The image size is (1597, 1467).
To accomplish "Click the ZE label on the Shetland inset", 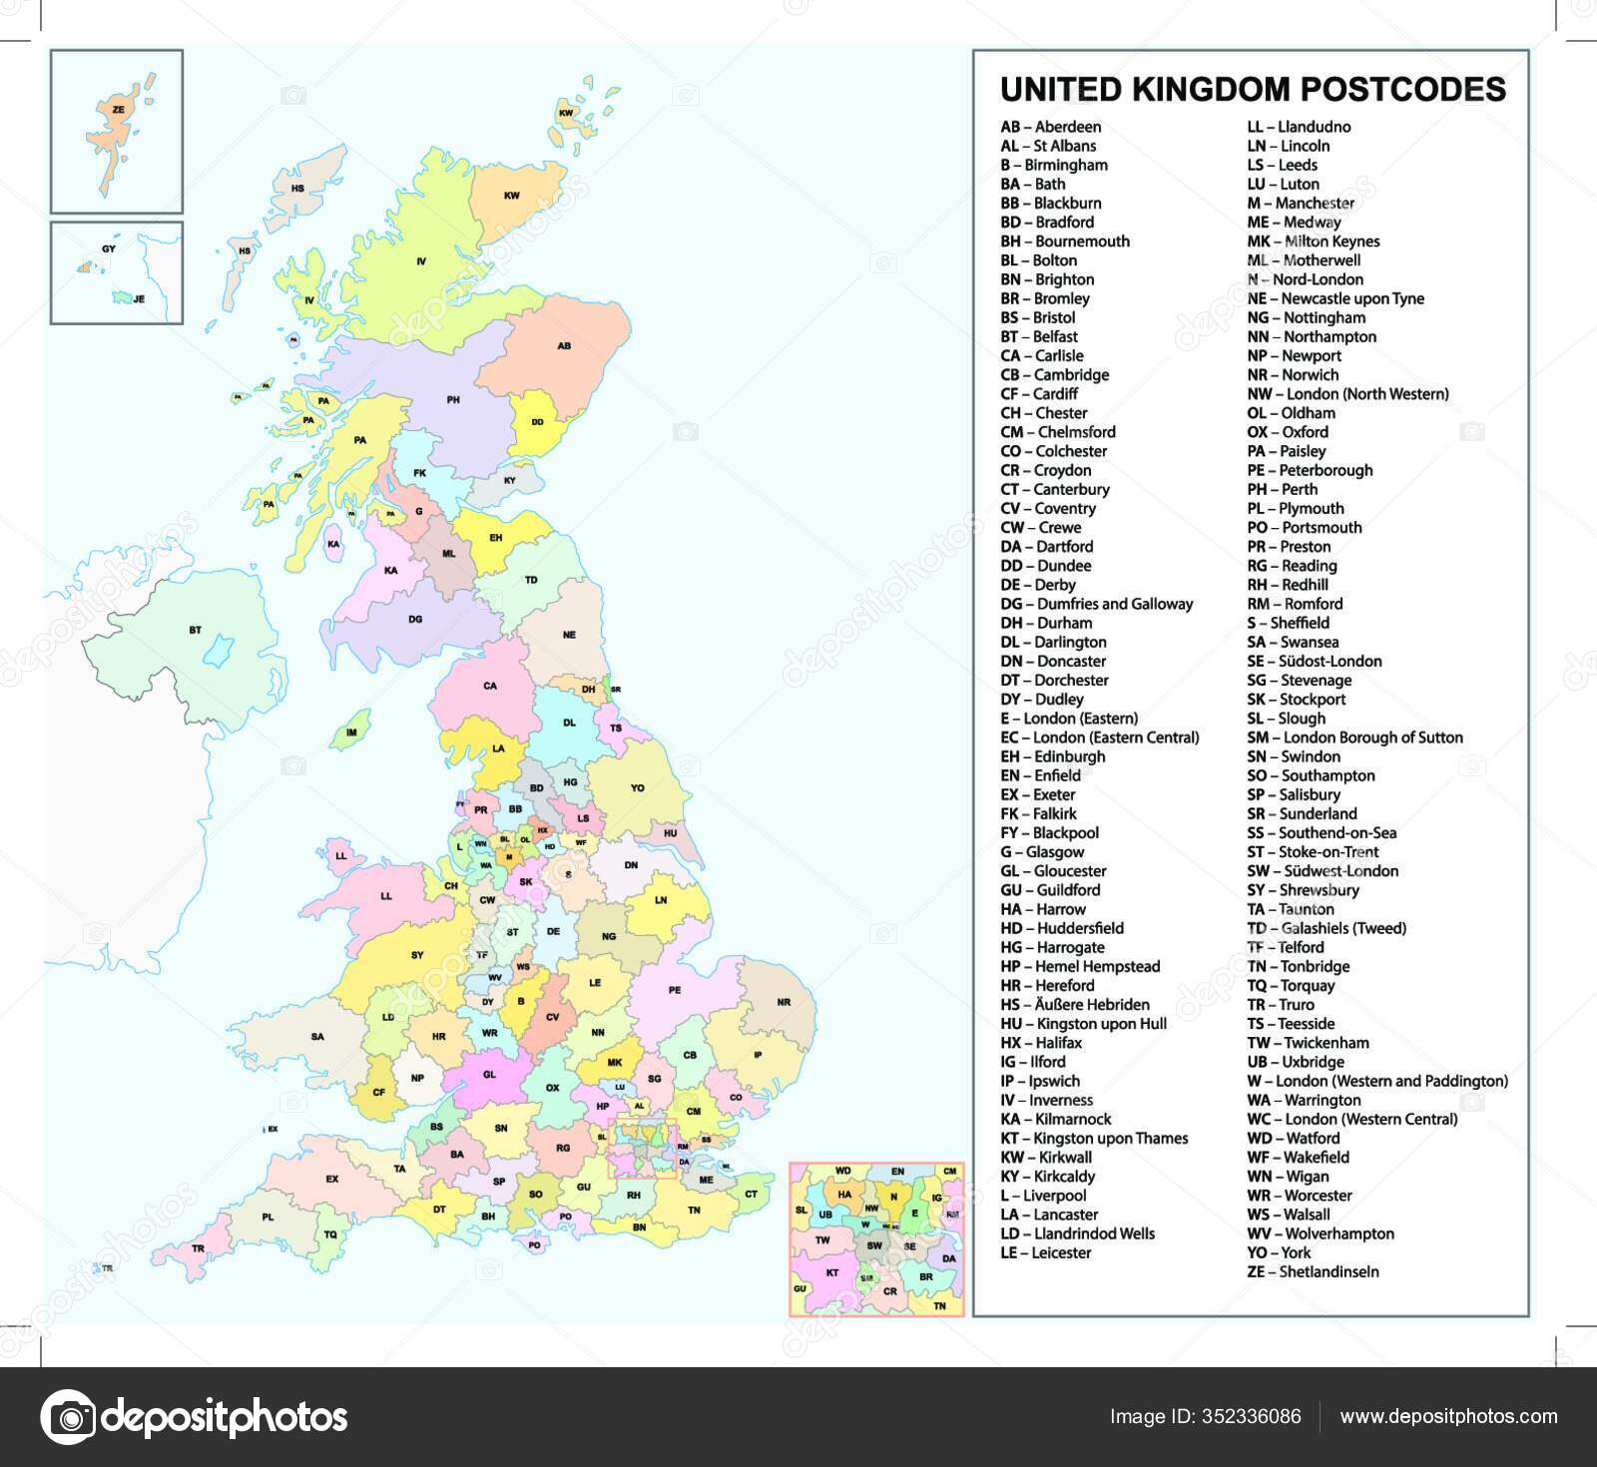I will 119,110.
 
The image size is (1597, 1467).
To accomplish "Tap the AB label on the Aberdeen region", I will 564,346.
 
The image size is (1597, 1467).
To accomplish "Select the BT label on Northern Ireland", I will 195,630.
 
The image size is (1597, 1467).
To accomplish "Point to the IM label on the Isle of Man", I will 351,733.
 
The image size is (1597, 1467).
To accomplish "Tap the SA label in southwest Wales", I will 317,1037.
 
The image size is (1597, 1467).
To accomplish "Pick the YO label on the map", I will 638,787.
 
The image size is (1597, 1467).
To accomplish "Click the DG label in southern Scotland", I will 415,619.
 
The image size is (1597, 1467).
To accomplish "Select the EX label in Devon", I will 332,1179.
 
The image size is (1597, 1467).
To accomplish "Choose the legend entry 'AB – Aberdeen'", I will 1051,127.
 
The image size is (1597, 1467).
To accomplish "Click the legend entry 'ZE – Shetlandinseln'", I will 1313,1271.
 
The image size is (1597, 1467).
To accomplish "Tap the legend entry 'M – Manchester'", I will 1300,203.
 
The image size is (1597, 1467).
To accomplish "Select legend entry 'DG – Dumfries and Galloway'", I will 1097,604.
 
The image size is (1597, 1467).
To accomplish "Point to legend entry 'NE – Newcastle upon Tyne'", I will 1335,298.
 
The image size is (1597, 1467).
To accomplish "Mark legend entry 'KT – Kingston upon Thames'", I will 1094,1138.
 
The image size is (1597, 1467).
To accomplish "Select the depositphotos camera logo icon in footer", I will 68,1417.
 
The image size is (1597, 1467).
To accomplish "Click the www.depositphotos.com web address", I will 1448,1416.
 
